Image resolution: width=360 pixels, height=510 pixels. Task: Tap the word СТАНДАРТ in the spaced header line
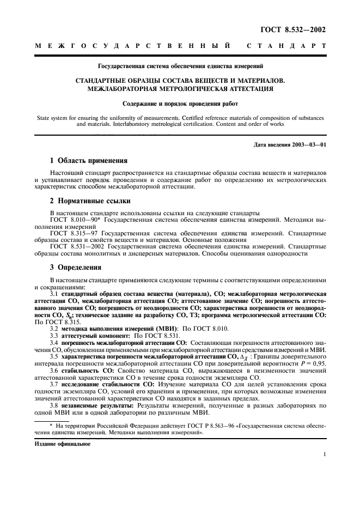tap(286, 47)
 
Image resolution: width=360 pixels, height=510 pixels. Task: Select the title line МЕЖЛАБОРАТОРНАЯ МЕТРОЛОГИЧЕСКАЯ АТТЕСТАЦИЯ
tap(180, 88)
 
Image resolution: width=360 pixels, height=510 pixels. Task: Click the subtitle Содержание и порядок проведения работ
tap(180, 102)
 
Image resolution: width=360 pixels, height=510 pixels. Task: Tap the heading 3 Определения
tap(78, 268)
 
